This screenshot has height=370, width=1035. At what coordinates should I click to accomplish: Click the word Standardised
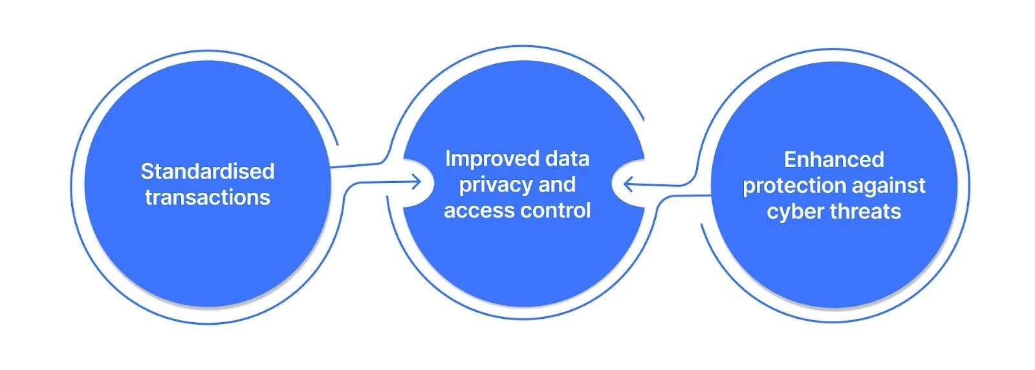(x=208, y=171)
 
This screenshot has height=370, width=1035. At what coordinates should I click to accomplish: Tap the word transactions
(x=208, y=197)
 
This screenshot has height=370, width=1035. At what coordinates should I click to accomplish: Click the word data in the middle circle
(x=567, y=159)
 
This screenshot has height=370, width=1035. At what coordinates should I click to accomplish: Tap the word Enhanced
(x=834, y=160)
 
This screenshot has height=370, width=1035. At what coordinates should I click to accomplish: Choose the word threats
(x=865, y=212)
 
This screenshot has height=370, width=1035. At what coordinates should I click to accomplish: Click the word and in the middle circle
(x=557, y=185)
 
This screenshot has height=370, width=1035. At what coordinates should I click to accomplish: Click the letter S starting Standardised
(x=147, y=171)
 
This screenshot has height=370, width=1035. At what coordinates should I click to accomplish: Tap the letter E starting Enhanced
(x=790, y=160)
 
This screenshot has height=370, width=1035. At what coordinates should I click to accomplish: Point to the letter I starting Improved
(x=448, y=159)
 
